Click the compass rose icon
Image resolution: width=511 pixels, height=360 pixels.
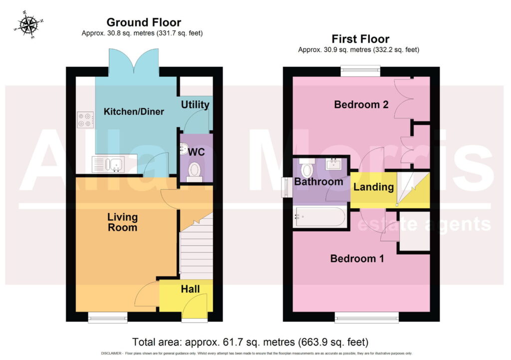28,25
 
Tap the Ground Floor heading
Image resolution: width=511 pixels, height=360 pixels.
144,22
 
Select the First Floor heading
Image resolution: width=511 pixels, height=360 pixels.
360,39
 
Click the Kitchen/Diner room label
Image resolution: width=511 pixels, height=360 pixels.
134,111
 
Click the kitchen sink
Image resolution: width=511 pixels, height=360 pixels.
108,164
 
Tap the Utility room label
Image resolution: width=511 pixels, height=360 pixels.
195,105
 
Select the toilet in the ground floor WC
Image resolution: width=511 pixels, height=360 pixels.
195,172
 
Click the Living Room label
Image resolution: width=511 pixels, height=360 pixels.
123,222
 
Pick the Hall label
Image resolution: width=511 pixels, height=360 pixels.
190,289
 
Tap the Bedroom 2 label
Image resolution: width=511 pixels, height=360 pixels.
361,104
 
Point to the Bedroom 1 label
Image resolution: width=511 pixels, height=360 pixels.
357,258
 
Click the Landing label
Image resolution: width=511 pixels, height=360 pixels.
373,187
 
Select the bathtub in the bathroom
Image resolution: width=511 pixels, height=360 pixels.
320,217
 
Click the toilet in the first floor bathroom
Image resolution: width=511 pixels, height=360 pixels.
307,167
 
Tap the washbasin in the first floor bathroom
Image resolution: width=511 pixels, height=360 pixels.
333,164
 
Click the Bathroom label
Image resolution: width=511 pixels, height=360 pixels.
318,182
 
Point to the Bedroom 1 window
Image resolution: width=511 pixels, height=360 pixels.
367,317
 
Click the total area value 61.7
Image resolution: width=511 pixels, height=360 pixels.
231,342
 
